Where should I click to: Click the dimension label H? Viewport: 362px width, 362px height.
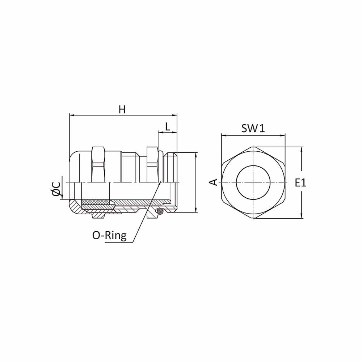pyautogui.click(x=122, y=109)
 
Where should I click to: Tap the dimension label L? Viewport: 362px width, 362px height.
pyautogui.click(x=167, y=126)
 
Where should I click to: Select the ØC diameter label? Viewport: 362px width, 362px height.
pyautogui.click(x=56, y=189)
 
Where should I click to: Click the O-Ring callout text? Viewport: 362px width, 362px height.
pyautogui.click(x=109, y=235)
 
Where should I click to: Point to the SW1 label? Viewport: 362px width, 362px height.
pyautogui.click(x=253, y=128)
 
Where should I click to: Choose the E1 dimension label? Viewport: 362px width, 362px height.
pyautogui.click(x=300, y=183)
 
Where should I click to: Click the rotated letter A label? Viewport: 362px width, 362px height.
pyautogui.click(x=214, y=182)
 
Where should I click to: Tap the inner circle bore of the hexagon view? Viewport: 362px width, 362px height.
pyautogui.click(x=253, y=182)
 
